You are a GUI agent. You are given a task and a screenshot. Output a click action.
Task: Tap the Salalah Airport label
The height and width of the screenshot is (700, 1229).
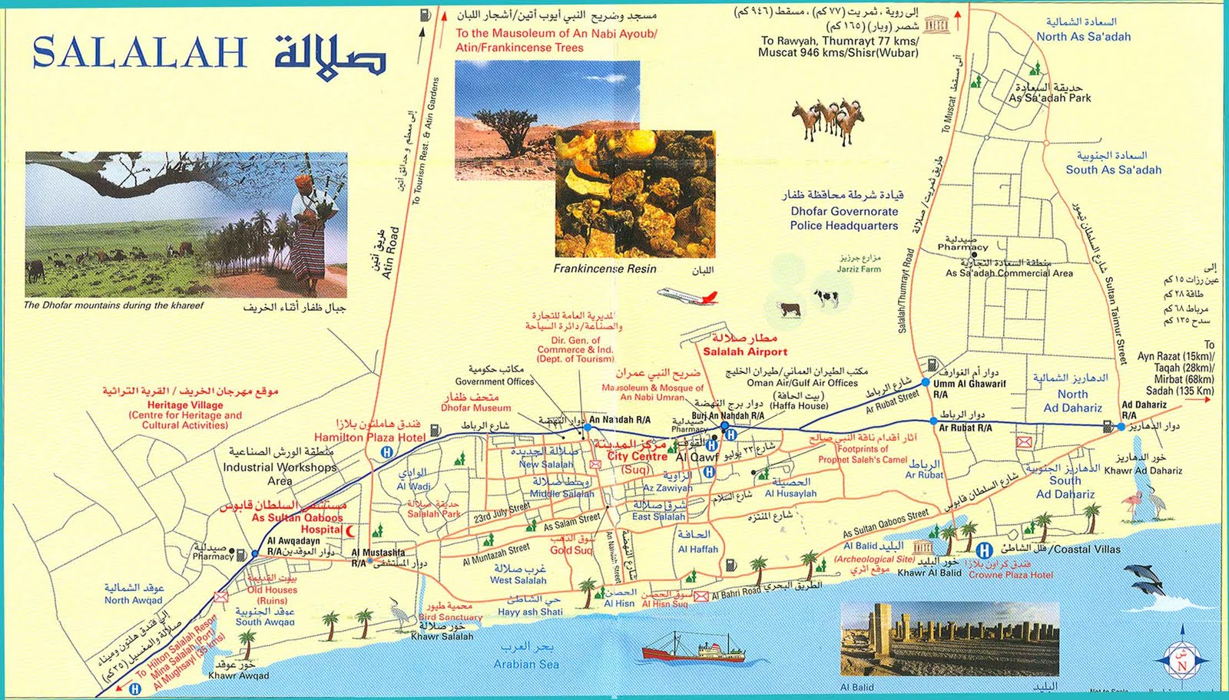pos(745,352)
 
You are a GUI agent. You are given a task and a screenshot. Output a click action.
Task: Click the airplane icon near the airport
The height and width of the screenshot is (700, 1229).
pos(687,296)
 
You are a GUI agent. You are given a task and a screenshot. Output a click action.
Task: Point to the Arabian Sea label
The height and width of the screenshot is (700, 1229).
pos(526,664)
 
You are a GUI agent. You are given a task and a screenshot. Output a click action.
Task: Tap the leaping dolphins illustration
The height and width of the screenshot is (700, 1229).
pos(1143,579)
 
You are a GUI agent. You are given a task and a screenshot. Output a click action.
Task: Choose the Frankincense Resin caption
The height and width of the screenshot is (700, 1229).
pos(605,269)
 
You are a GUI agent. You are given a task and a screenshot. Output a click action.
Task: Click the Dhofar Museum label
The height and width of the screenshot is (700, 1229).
pos(475,408)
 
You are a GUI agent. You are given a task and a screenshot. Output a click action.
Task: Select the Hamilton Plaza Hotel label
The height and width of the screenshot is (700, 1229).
pos(369,437)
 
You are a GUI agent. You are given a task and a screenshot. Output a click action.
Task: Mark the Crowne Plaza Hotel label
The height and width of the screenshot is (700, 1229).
pos(1009,574)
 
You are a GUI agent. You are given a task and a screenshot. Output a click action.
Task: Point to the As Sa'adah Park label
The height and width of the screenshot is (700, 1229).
pos(1049,98)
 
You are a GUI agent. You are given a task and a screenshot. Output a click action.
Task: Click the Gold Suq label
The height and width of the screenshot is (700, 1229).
pos(571,550)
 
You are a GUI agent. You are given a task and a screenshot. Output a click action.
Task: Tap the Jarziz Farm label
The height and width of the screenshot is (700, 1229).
pos(859,269)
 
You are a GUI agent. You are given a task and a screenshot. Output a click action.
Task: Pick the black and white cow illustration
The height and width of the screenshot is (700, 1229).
pos(827,297)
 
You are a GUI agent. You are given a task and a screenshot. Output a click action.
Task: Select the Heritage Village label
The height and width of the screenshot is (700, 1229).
pos(185,404)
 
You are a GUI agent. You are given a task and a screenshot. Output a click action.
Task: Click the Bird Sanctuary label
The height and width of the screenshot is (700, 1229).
pos(450,617)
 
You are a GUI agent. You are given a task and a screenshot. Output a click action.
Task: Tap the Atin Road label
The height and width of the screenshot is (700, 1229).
pos(389,253)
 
